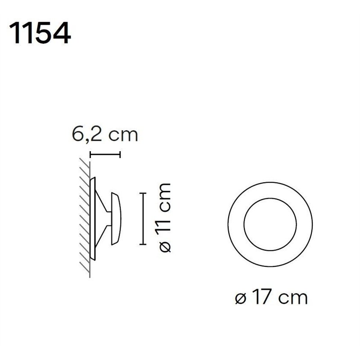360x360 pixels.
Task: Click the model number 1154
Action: (40, 33)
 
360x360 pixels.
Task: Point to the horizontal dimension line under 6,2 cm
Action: (105, 155)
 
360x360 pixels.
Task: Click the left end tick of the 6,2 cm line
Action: (90, 155)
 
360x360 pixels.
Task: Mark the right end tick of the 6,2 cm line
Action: (121, 155)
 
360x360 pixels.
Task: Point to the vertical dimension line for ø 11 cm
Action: (143, 219)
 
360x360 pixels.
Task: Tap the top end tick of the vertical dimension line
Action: (143, 193)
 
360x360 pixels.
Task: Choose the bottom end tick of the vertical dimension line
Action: (143, 244)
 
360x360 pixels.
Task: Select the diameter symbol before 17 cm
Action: (241, 298)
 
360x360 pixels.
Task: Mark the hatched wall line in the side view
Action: (90, 216)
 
